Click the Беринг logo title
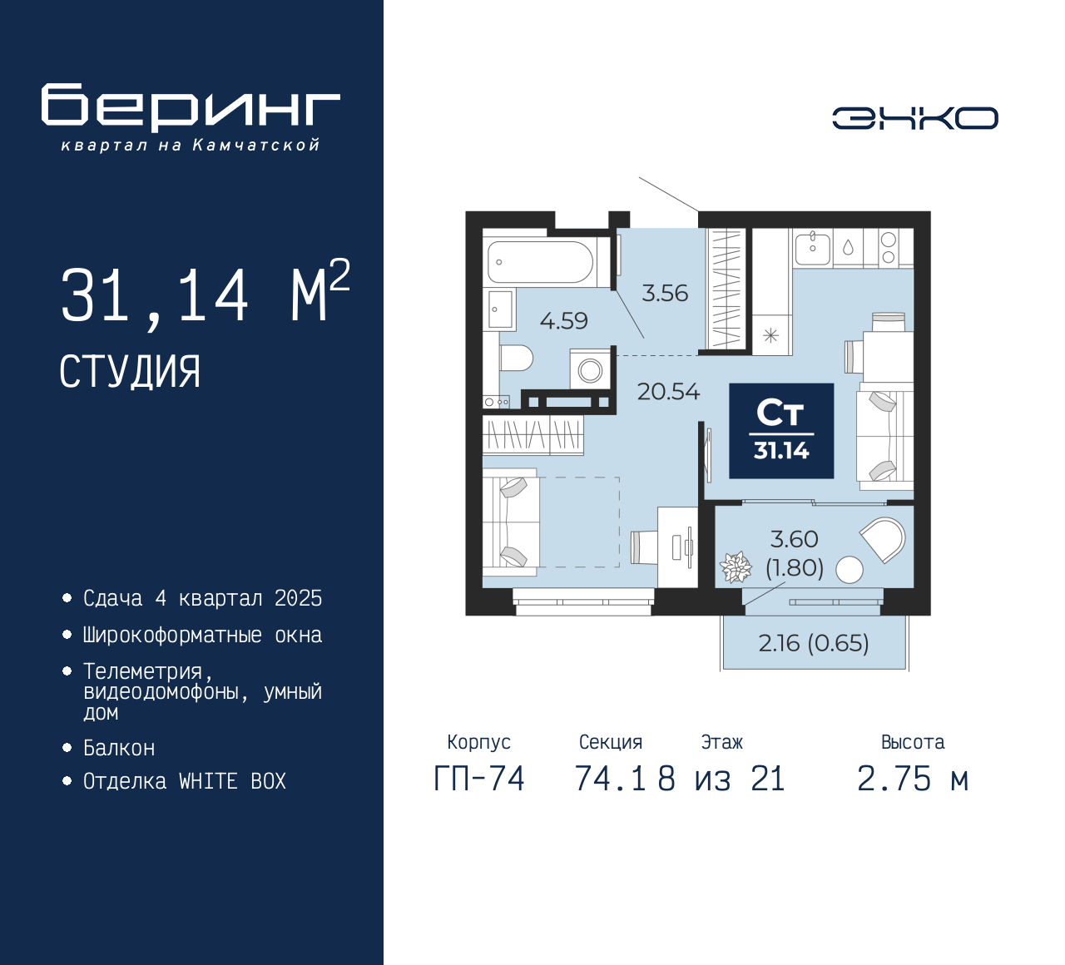[190, 107]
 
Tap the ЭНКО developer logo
[914, 118]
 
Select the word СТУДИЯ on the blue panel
[130, 372]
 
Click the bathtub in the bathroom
[540, 262]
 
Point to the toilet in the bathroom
[516, 358]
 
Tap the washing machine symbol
[590, 369]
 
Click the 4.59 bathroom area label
[564, 320]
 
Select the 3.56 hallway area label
[665, 293]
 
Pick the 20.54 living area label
[668, 392]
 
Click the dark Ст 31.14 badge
[781, 430]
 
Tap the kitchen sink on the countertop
[812, 249]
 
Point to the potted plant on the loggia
[736, 567]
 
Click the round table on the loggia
[850, 570]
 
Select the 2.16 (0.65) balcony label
[814, 643]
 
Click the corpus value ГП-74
[479, 779]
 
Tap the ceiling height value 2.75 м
[913, 779]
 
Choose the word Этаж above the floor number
[721, 741]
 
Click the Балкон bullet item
[119, 748]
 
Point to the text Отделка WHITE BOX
[184, 781]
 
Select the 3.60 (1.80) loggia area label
[795, 554]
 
